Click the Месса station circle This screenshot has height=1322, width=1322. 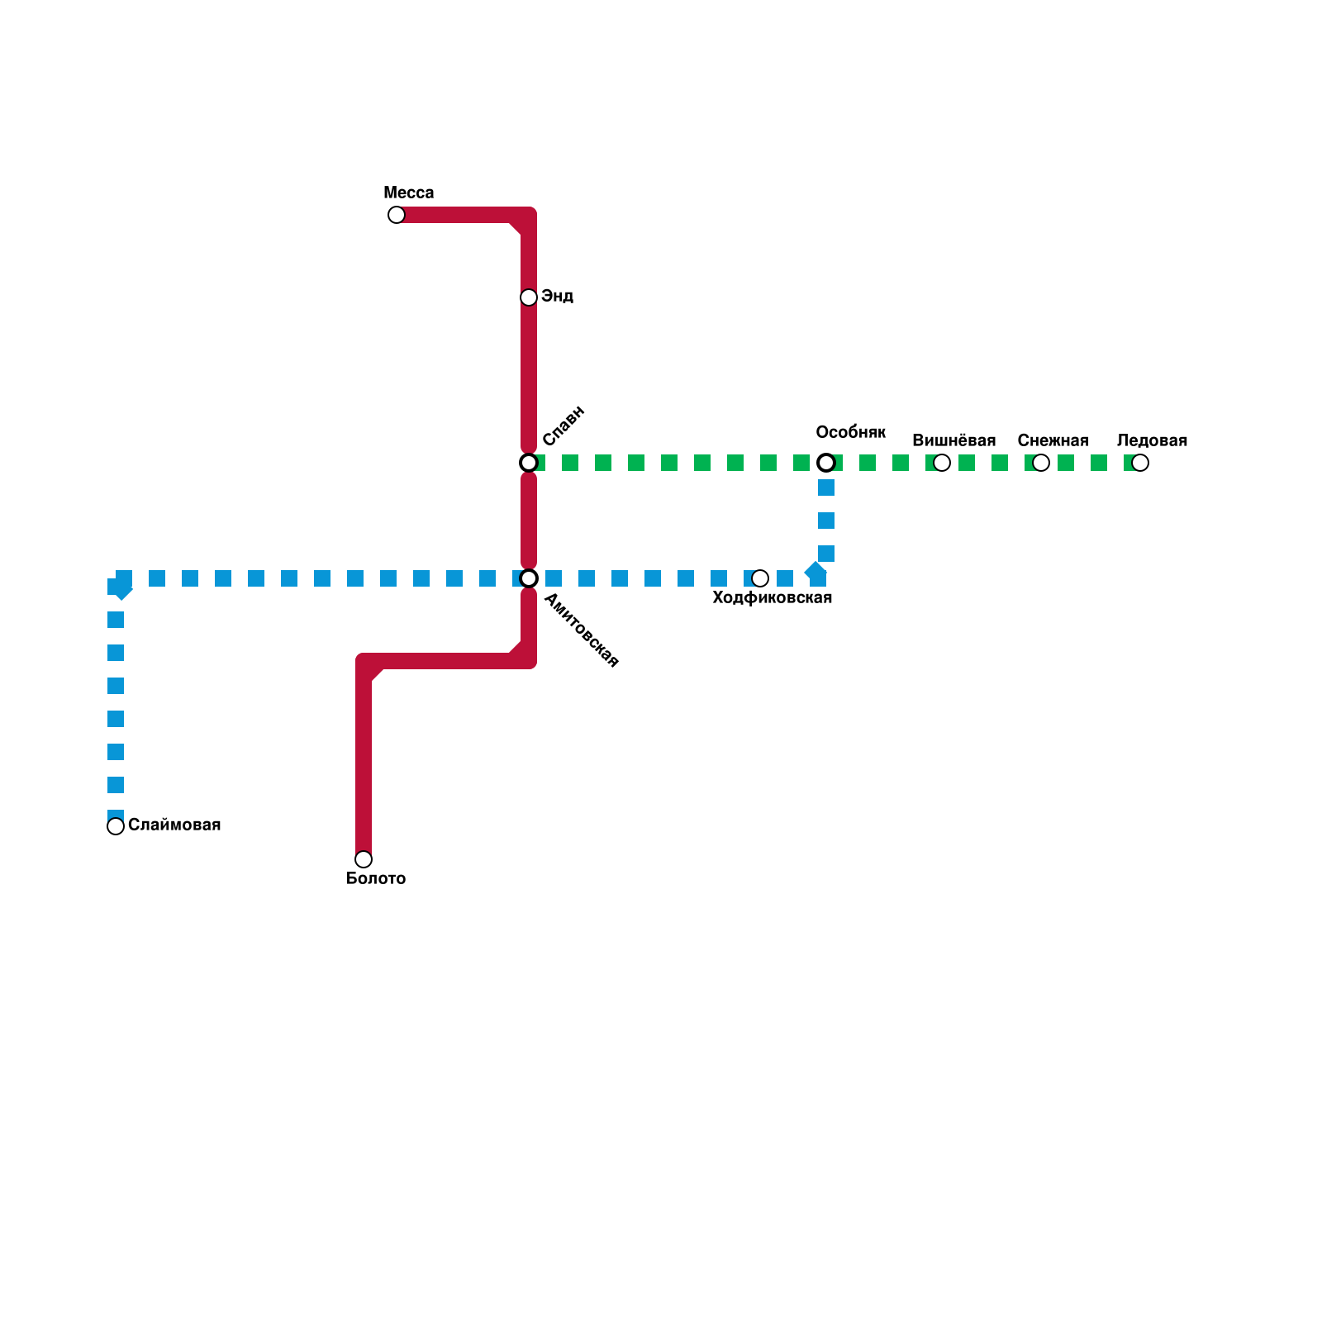pos(397,215)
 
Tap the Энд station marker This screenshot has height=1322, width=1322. pos(529,297)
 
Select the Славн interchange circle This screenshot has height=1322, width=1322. pos(529,463)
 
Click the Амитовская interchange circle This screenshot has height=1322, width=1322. pos(529,578)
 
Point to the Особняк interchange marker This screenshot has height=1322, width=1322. pos(826,463)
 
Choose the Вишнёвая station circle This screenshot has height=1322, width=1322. pos(942,463)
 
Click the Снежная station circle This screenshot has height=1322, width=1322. pos(1041,463)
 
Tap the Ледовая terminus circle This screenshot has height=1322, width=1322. pos(1140,463)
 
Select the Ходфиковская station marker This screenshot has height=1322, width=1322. pos(760,578)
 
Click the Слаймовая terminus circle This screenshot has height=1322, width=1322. pos(116,826)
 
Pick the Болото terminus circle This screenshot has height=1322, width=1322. pos(364,859)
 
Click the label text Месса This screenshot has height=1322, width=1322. pos(408,193)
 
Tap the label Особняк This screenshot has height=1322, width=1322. pos(850,432)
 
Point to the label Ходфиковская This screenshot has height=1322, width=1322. pos(772,598)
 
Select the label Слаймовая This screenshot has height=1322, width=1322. pos(174,825)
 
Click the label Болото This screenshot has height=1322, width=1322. pos(375,879)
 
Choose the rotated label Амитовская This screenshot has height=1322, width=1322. pos(582,630)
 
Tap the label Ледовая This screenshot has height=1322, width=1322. pos(1152,441)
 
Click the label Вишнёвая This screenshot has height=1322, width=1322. pos(953,441)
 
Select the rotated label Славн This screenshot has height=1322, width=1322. pos(564,426)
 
